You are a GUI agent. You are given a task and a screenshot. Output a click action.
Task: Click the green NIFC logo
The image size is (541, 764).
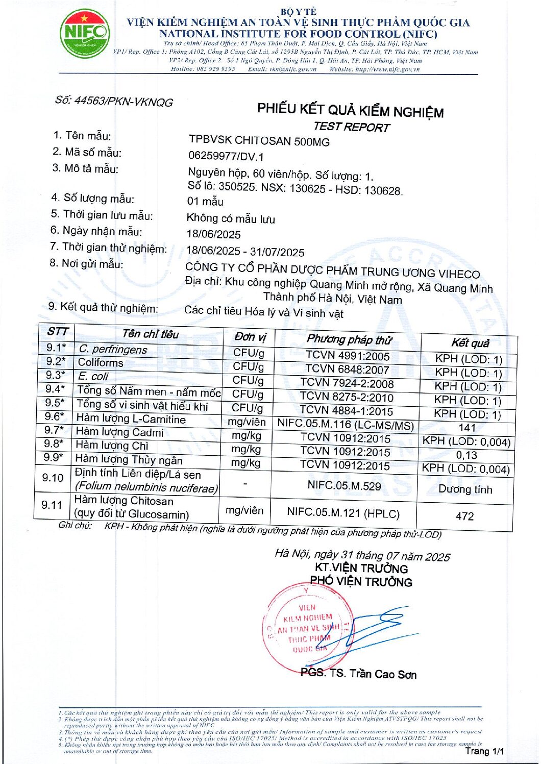coord(85,34)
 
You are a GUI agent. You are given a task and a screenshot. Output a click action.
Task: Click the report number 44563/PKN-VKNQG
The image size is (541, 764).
coord(114,101)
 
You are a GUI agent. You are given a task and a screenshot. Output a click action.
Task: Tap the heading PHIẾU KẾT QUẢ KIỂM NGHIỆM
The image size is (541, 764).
coord(350,110)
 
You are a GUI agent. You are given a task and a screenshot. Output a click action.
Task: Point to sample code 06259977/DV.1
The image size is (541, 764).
coord(226,156)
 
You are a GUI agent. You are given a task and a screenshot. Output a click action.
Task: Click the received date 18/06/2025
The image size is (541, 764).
coord(213,234)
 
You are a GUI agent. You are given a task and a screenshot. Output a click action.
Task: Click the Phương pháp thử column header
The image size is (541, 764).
coord(349,339)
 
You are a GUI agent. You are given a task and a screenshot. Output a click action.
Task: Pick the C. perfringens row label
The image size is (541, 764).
coord(113,349)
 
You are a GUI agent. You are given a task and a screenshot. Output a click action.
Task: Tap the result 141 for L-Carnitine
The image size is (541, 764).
coord(467,428)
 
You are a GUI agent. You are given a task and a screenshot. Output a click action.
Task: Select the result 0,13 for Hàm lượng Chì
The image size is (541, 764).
coord(466,455)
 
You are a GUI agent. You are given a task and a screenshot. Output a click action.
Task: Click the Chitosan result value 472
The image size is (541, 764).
coord(464,516)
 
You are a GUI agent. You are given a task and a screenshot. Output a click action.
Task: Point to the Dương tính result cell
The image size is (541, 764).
coord(465,489)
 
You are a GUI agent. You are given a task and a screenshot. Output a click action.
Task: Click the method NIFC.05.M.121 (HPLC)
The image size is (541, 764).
coord(343,513)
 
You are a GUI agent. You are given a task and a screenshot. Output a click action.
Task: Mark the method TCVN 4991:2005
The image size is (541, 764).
coord(348,356)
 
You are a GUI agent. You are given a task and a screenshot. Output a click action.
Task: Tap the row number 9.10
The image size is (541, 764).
coord(53,478)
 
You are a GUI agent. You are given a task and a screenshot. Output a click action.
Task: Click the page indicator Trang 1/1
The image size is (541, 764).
coord(484,751)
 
